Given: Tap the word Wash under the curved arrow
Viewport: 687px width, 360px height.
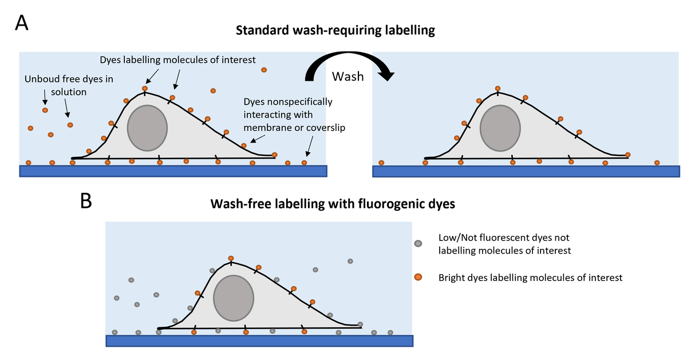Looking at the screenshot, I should (349, 76).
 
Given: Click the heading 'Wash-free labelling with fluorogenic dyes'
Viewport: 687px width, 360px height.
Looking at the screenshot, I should (333, 204).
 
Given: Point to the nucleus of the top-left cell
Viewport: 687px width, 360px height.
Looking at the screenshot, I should (147, 128).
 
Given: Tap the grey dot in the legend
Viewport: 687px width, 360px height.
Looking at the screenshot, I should (418, 243).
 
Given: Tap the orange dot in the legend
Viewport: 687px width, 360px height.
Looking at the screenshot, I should (418, 278).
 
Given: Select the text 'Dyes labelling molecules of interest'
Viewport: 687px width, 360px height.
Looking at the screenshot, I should (177, 60).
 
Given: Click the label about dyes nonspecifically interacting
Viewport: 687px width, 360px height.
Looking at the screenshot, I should (287, 114).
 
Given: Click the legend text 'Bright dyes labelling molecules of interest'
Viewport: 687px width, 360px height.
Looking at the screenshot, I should (530, 278).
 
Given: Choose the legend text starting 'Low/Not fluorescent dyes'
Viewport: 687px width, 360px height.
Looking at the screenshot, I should (504, 243).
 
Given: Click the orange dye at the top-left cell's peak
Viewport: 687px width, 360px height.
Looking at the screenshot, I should (145, 89).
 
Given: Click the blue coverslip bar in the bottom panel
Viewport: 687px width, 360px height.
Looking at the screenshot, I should (259, 341).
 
